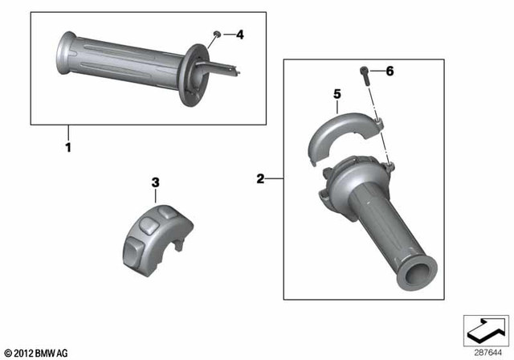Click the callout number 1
click(68, 148)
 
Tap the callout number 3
click(156, 183)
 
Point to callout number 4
click(239, 35)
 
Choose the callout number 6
click(390, 72)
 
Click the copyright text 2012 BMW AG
click(36, 353)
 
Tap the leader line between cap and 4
click(226, 35)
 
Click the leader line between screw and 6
click(377, 72)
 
